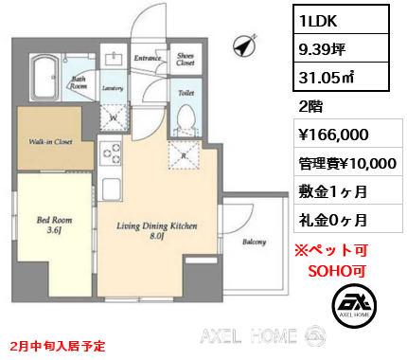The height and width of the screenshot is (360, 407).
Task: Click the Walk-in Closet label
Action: click(x=52, y=143)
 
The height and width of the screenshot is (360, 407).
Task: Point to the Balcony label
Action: click(x=254, y=243)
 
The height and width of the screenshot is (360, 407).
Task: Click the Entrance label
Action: click(x=147, y=59)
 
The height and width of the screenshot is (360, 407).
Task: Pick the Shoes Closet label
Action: click(x=186, y=61)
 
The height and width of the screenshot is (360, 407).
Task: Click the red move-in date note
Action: click(x=58, y=347)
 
